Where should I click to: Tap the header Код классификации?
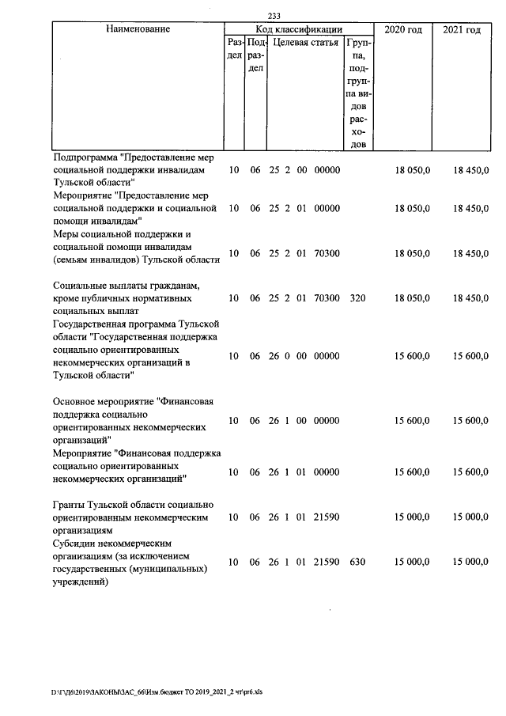(298, 29)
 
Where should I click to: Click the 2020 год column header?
(402, 29)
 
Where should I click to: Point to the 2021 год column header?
(462, 29)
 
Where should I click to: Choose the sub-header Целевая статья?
(304, 42)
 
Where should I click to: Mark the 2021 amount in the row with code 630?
(472, 562)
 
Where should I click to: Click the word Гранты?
(70, 505)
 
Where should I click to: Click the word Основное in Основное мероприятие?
(77, 402)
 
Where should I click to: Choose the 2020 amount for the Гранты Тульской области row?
(413, 517)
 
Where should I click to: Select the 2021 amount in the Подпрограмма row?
(472, 170)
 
